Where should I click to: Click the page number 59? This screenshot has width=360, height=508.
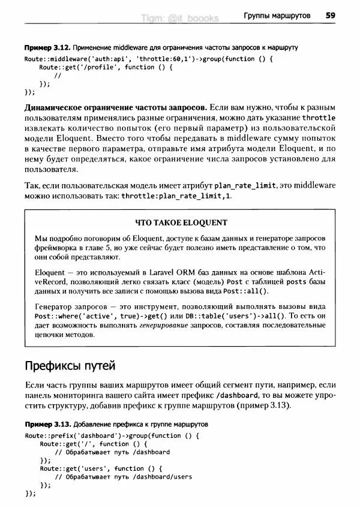coord(330,16)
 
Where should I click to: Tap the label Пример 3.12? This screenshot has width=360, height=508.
coord(45,47)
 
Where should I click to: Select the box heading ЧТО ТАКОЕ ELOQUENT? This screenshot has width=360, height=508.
coord(182,223)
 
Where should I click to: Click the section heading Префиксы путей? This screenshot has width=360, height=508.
coord(70,365)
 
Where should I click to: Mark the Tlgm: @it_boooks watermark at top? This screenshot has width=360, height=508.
coord(180,19)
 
